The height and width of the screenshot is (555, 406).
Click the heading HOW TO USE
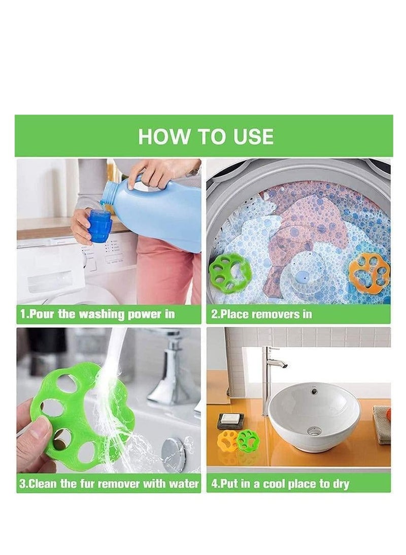click(x=206, y=136)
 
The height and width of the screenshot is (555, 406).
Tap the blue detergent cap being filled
click(x=99, y=226)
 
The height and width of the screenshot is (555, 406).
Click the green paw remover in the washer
click(x=230, y=273)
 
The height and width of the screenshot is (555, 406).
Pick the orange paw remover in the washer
click(x=369, y=271)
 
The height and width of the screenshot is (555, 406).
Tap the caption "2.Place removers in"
click(x=262, y=314)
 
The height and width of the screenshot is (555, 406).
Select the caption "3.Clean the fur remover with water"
click(x=109, y=483)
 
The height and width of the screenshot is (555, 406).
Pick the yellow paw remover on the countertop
click(x=228, y=441)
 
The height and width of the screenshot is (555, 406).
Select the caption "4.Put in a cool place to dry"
click(x=280, y=483)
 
